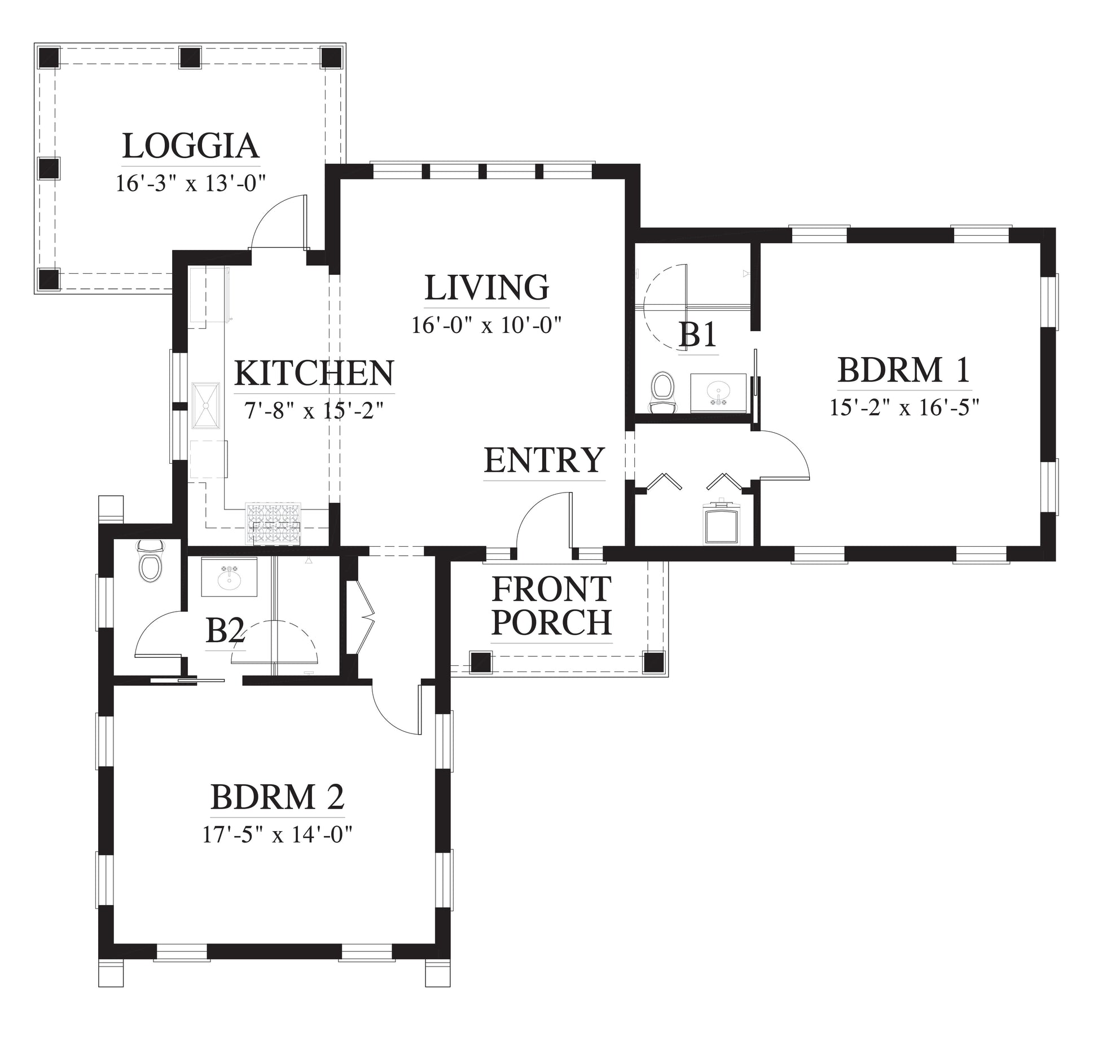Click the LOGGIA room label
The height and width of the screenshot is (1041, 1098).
click(x=191, y=146)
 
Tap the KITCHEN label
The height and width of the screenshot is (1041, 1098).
click(x=314, y=372)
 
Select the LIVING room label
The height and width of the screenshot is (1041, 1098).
click(x=486, y=287)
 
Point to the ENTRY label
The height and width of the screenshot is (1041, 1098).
click(x=544, y=460)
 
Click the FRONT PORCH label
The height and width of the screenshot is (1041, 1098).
click(x=551, y=605)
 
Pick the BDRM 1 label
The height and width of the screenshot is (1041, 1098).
click(x=904, y=370)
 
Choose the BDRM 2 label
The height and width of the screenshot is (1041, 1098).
click(x=277, y=797)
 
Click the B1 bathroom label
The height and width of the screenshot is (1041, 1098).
click(x=698, y=335)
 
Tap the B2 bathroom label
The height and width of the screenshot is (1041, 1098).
click(x=225, y=631)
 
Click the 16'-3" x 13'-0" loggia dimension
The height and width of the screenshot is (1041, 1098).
click(x=191, y=183)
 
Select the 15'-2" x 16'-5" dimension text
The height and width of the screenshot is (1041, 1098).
click(x=904, y=407)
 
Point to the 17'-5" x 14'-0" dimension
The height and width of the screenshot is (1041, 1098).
click(x=277, y=834)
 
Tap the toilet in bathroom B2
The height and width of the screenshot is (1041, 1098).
click(x=151, y=562)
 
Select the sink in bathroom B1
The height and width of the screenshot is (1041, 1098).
click(x=719, y=390)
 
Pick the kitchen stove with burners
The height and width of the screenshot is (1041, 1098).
click(x=273, y=524)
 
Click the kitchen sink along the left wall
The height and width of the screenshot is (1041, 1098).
click(x=207, y=406)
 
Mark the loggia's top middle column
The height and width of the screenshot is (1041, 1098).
click(x=190, y=58)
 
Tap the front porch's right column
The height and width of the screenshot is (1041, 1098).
click(x=655, y=662)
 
